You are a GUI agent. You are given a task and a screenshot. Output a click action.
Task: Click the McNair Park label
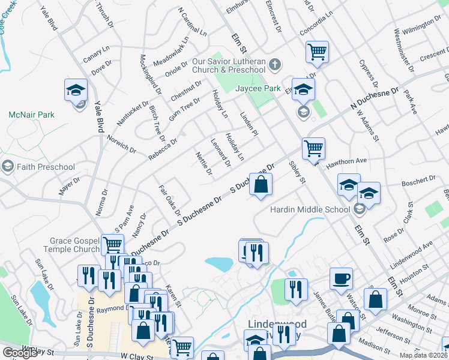31,114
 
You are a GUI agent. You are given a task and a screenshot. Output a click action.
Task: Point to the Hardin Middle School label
310,209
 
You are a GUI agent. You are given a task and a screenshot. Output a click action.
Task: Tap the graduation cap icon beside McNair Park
76,90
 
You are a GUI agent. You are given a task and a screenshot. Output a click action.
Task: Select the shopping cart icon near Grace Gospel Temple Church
112,245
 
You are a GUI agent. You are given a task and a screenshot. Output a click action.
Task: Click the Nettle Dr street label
205,164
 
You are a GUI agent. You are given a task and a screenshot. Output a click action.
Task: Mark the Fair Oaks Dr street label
169,200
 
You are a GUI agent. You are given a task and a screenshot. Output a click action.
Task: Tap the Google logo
20,352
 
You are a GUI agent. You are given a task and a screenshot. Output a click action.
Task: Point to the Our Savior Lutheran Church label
232,65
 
